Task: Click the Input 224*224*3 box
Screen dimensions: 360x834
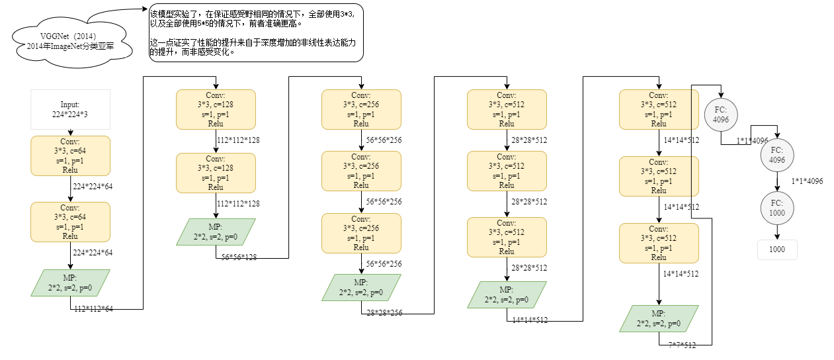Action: tap(70, 109)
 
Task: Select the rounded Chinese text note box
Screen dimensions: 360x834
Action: tap(257, 32)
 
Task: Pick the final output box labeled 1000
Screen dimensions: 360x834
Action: tap(777, 249)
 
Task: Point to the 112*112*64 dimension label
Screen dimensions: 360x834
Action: tap(93, 309)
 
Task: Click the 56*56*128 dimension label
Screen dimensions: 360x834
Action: tap(239, 257)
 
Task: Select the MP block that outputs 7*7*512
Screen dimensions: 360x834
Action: tap(659, 318)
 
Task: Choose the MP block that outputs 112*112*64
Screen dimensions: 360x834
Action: tap(70, 283)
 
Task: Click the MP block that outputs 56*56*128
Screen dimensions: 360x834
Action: tap(216, 232)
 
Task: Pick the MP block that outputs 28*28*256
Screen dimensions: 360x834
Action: tap(361, 287)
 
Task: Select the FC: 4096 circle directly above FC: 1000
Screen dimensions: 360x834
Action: tap(776, 155)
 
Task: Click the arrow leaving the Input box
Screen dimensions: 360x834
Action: tap(70, 132)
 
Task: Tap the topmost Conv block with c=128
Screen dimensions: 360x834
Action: tap(216, 109)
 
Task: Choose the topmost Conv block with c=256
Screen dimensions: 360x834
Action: tap(361, 109)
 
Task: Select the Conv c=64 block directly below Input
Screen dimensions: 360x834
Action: tap(70, 156)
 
